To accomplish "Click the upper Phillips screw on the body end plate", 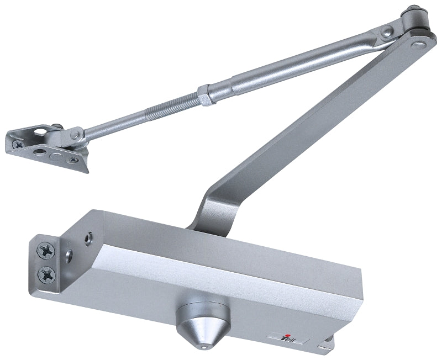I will pos(44,251).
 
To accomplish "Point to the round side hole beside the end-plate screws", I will pos(68,255).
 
